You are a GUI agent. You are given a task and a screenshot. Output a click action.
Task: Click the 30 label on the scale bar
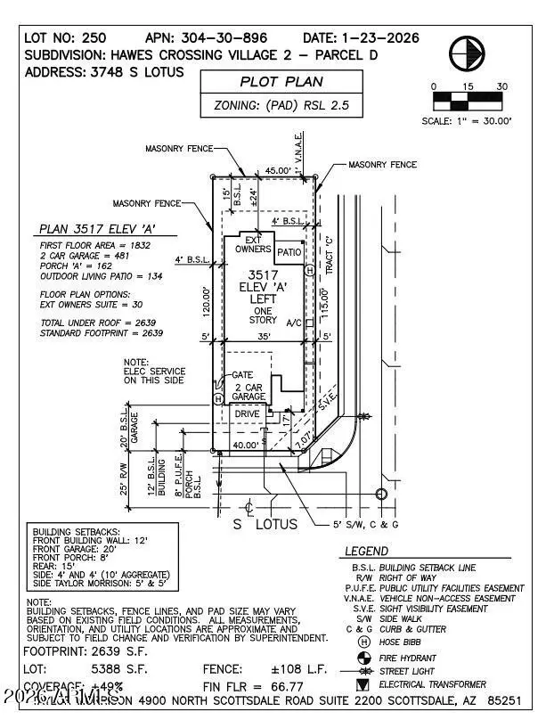502,86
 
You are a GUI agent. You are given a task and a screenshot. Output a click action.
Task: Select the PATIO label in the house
289,253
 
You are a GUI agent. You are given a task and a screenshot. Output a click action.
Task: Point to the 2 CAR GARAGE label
248,393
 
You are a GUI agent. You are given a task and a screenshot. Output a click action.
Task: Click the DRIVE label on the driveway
248,413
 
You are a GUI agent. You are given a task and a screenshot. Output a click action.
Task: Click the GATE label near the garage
243,375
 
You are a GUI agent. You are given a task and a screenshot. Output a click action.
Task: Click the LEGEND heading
366,552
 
